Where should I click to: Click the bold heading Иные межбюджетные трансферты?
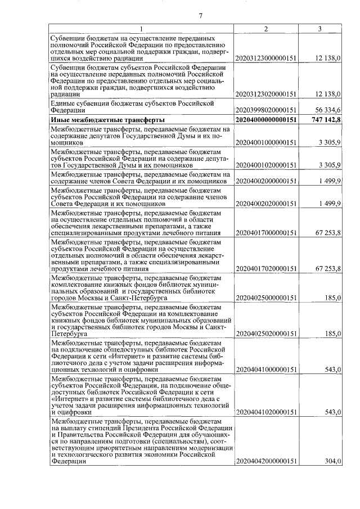[x=107, y=120]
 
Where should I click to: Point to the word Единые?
[x=63, y=103]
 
